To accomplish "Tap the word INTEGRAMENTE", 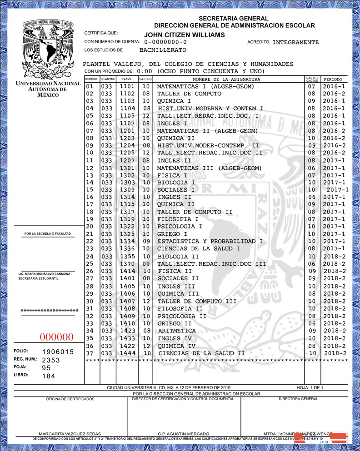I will (296, 42).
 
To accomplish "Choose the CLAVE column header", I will (126, 79).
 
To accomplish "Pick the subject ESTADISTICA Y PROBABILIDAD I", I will (210, 241).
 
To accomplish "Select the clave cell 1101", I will (127, 86).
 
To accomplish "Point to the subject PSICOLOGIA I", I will (180, 226).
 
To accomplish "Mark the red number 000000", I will (57, 337).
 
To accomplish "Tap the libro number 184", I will (48, 376).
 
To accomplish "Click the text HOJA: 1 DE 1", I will (310, 387).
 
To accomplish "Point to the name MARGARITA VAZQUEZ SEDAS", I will (70, 434).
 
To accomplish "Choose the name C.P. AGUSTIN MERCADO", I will (184, 434).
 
